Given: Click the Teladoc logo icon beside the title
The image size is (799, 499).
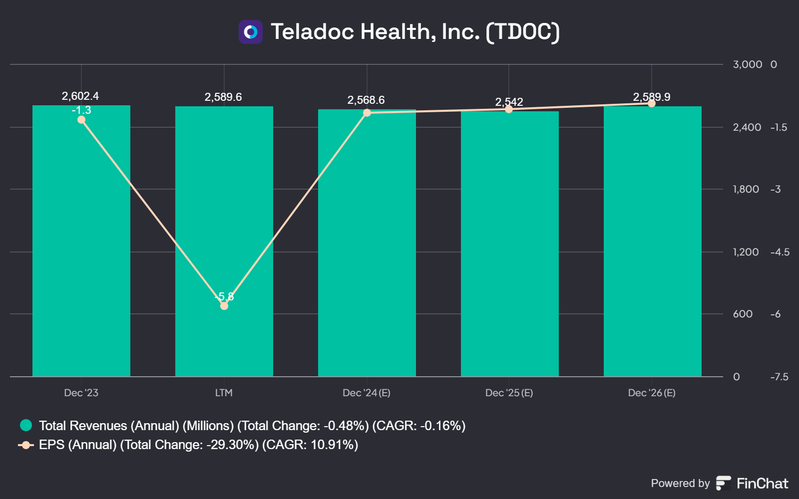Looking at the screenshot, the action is pos(250,32).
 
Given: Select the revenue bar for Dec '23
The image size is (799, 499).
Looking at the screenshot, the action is pos(81,241).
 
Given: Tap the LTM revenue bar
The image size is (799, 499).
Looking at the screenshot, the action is pos(224,242).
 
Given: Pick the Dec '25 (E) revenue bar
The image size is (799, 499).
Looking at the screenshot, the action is pos(510,244).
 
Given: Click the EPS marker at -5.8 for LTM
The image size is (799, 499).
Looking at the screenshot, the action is pos(224,306).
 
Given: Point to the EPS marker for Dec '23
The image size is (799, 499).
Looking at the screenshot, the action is pos(81,119).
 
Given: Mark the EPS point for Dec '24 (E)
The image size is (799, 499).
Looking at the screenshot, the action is pos(367,113).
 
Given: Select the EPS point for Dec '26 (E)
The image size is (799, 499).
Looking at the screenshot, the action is pos(652,103).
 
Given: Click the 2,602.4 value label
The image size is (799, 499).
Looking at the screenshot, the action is pos(80,96).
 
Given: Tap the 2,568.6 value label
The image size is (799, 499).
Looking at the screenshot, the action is pos(366,100).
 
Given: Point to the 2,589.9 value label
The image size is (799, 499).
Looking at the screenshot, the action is pos(652,97).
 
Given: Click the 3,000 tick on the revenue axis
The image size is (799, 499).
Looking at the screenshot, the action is pos(747,64).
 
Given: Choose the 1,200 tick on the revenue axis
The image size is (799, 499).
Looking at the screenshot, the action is pos(746,252).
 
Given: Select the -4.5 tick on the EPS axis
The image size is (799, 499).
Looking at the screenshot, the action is pos(780,252).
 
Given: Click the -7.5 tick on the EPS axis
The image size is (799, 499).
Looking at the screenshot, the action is pos(780,377).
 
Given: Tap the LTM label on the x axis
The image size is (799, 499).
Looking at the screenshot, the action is pos(224,393).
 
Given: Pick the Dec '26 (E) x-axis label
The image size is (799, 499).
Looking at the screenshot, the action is pos(652,393).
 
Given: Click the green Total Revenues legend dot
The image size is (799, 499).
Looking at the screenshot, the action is pos(26,425).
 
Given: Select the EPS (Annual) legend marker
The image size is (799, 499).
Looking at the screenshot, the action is pos(25,445).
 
